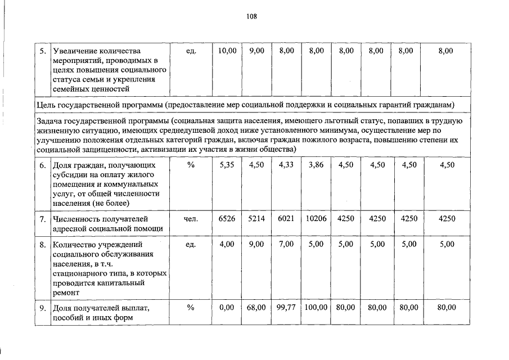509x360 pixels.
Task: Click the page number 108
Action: pyautogui.click(x=251, y=16)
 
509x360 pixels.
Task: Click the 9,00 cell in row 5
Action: pyautogui.click(x=256, y=51)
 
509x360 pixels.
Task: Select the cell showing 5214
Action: pyautogui.click(x=256, y=218)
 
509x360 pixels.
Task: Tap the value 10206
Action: pyautogui.click(x=316, y=218)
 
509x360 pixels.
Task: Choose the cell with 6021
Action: pyautogui.click(x=286, y=218)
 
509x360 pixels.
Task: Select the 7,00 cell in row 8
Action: pyautogui.click(x=286, y=245)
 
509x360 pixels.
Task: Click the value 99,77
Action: pyautogui.click(x=286, y=308)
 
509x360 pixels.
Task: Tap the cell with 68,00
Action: pyautogui.click(x=256, y=308)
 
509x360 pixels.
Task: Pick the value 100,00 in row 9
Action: pyautogui.click(x=316, y=308)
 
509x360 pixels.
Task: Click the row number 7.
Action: pyautogui.click(x=43, y=218)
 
